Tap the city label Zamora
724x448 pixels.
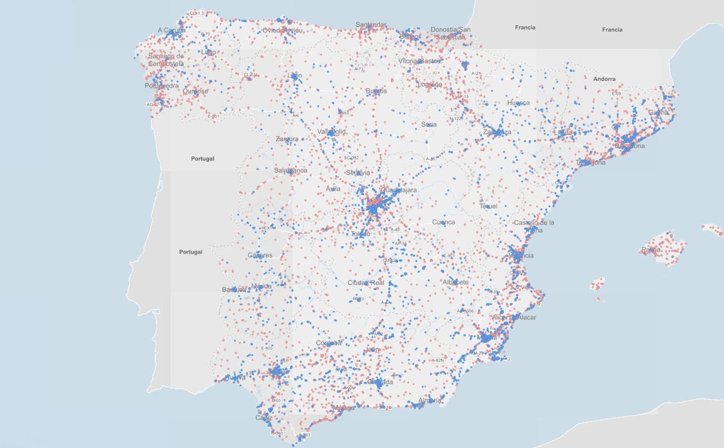pos(287,139)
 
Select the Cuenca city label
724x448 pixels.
pos(443,222)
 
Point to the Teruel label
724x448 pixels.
pos(488,206)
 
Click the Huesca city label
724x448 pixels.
pos(518,103)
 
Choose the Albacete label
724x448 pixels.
pos(455,282)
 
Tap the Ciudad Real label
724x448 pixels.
pos(366,283)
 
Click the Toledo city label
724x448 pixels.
pos(360,234)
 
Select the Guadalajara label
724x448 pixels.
pos(399,190)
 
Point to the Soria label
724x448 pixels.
pos(429,124)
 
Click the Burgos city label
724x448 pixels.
pos(376,91)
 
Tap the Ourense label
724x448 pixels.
pos(195,91)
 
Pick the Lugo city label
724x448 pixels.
pos(208,52)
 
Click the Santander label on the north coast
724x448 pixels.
pos(371,24)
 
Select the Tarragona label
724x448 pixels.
pos(591,163)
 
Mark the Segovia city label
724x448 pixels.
pos(357,173)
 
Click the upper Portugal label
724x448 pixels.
pos(203,159)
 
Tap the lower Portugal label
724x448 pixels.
pos(190,252)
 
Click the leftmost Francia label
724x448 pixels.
pos(525,27)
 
